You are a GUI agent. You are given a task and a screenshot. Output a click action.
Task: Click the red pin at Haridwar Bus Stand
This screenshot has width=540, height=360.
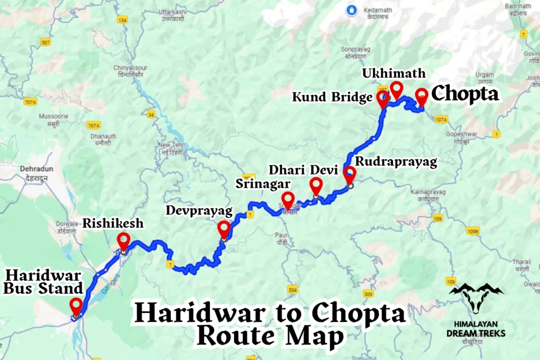76,305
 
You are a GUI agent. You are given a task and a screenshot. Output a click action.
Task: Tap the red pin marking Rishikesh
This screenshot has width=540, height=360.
123,240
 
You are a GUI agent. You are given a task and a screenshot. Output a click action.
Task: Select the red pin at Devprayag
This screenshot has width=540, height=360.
224,229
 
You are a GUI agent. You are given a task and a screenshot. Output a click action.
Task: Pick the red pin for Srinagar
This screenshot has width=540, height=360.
288,200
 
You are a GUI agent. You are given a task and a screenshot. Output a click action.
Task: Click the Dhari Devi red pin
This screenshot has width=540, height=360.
316,185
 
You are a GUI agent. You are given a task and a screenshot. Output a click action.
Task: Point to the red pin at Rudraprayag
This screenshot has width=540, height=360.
350,173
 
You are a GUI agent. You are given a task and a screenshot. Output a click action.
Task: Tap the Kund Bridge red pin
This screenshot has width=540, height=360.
383,98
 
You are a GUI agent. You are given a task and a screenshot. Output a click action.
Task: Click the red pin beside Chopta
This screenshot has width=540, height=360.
421,96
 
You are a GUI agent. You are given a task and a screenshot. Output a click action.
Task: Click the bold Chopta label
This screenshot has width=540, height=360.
465,94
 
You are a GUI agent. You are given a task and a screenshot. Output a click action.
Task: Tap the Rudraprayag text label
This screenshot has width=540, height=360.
396,161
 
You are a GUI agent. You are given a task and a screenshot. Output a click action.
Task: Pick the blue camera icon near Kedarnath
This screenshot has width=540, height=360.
349,9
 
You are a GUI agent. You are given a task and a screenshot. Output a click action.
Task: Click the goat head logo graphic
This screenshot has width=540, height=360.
476,298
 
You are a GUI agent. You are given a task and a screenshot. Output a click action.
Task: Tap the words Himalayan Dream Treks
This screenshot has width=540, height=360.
476,328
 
